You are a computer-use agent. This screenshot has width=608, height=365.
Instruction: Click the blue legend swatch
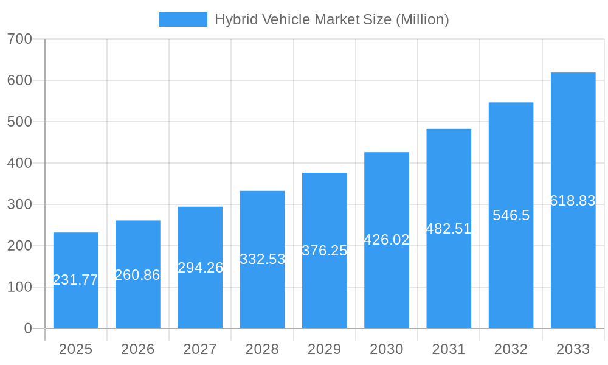[182, 19]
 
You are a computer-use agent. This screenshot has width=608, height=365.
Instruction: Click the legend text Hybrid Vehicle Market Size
[303, 19]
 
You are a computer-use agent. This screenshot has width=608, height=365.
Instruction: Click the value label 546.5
[511, 215]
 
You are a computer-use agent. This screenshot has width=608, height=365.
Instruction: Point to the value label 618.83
[573, 201]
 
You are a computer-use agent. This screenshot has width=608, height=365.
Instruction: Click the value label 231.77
[75, 280]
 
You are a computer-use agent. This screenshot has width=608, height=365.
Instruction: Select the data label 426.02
[386, 240]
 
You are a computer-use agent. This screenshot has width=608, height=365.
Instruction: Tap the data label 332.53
[262, 259]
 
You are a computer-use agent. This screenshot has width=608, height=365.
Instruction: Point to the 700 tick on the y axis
[19, 39]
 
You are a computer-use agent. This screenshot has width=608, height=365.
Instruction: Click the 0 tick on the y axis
[28, 328]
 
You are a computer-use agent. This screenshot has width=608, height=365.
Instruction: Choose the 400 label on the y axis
[19, 163]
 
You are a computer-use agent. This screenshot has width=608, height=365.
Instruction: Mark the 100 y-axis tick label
[19, 287]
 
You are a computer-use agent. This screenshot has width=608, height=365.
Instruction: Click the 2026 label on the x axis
[137, 349]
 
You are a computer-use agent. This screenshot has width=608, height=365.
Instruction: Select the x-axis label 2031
[449, 349]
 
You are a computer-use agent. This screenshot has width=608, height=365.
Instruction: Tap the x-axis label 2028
[262, 349]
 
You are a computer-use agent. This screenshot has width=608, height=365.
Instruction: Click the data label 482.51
[449, 229]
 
